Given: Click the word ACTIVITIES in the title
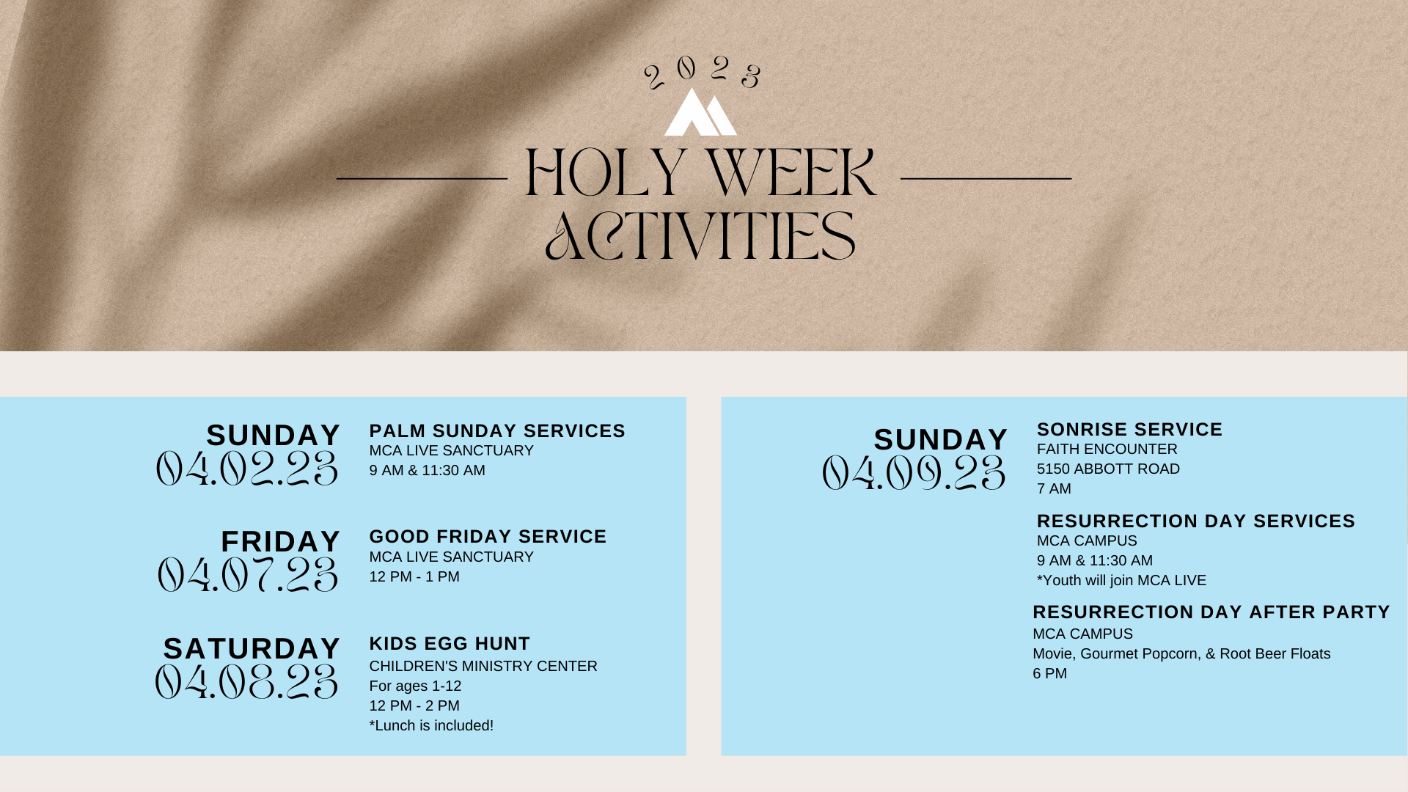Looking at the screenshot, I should pos(700,236).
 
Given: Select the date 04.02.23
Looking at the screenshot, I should pos(247,469).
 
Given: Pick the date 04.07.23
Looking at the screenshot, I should pos(248,575).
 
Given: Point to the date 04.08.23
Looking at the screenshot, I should pos(246,682).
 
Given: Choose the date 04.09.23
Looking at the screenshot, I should pos(914,473).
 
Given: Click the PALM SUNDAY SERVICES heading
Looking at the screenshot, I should pos(497,431).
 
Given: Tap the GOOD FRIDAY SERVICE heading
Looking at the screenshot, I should pos(488,537).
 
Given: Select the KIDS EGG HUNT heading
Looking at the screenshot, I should pos(450,644).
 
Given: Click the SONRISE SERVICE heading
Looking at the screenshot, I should pos(1129,430).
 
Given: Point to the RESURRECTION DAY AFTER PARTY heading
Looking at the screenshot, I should pos(1211,612).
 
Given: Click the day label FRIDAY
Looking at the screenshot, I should pos(281,542).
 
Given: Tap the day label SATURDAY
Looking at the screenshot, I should pos(252,649).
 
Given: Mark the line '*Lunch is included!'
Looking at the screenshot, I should pos(431,726).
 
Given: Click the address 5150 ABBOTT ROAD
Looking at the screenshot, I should pos(1108,469).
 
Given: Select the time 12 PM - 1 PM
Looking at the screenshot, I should pos(414,577).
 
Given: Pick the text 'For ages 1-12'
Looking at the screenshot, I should pos(415,686).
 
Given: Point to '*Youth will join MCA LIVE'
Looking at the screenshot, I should pos(1121,581).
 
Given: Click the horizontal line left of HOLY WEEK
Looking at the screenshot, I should pos(422,178).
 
